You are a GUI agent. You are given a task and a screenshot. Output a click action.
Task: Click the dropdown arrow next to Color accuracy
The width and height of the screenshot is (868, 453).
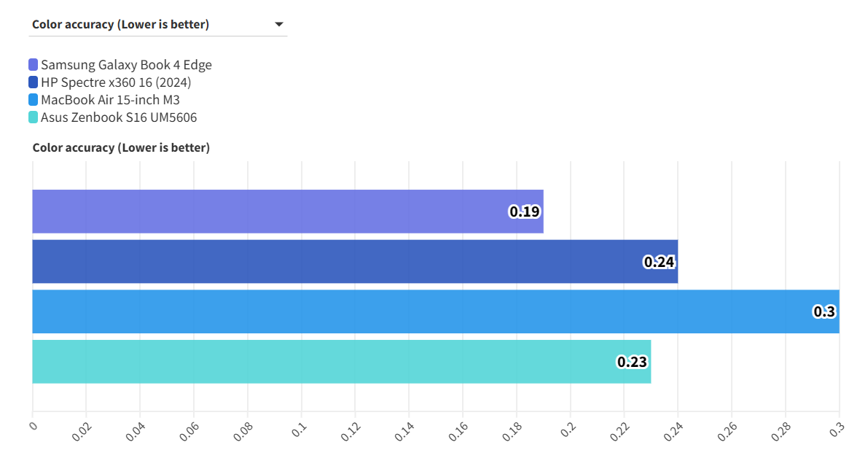point(278,25)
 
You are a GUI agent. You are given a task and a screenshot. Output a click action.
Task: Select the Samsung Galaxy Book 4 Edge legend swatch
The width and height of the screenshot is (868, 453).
point(34,65)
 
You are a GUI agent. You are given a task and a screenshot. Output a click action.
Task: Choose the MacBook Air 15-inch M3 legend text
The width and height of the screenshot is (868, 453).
point(110,100)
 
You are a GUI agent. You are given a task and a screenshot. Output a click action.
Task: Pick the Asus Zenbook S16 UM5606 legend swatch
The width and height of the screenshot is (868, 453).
point(34,117)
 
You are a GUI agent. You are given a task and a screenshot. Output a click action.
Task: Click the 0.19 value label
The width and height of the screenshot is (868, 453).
point(524,212)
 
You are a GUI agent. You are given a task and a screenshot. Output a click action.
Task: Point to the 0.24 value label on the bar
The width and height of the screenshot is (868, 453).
point(659,262)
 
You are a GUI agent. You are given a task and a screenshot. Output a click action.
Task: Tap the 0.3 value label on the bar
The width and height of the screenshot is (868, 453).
point(824,311)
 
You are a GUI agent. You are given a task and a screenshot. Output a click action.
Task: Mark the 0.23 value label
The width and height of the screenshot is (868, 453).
point(632,361)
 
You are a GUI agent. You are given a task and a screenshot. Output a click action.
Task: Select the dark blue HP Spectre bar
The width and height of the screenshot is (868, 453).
point(328,261)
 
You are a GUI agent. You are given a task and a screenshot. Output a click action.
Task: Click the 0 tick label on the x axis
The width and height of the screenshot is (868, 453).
point(33,425)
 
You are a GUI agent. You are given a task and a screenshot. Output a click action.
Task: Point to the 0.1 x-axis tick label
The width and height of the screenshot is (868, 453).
point(299,430)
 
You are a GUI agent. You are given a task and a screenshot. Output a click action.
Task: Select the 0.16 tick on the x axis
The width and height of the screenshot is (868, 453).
point(458,432)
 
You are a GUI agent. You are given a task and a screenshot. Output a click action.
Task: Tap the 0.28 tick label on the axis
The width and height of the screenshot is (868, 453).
point(781,432)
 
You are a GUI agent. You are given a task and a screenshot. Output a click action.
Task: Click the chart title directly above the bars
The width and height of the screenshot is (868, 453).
point(121,148)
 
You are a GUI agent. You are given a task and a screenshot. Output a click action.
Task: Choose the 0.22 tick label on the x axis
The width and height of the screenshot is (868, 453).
point(619,432)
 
